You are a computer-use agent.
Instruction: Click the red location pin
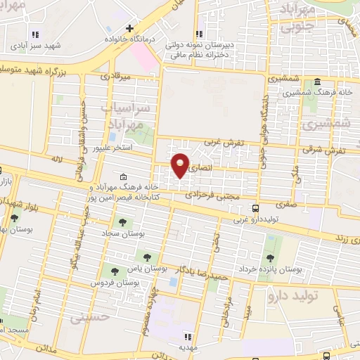coord(180,165)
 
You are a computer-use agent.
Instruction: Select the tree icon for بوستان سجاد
coord(123,222)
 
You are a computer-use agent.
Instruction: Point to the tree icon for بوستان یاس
coord(147,257)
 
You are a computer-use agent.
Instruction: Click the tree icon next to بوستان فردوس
coord(113,271)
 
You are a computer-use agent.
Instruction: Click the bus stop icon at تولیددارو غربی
coord(256,208)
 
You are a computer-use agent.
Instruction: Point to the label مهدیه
coord(186,347)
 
